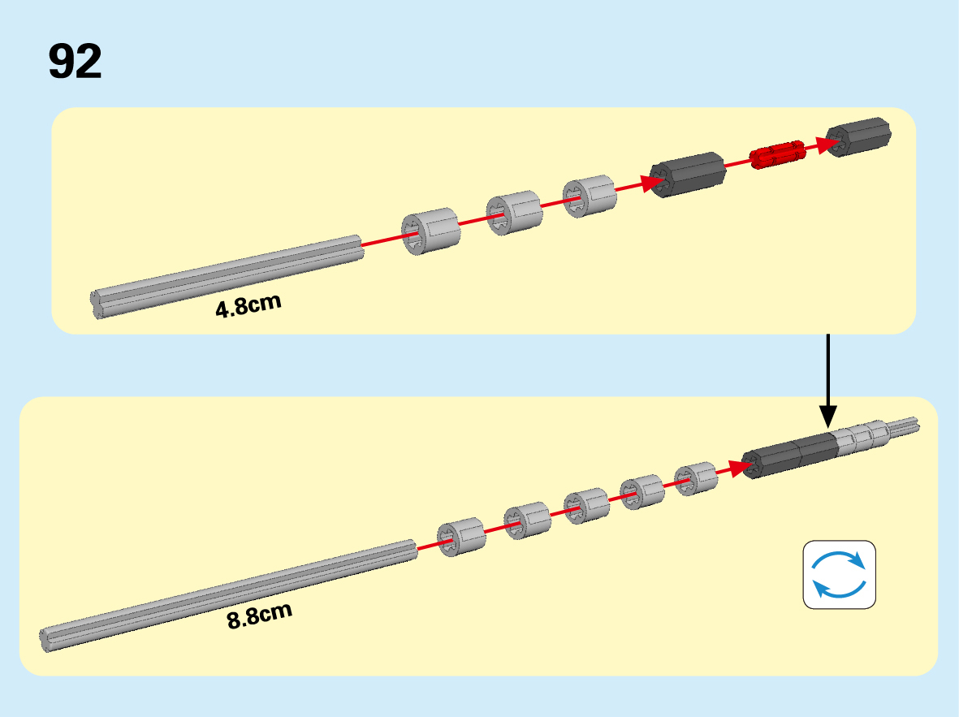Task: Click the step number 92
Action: coord(75,61)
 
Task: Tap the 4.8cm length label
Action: coord(248,306)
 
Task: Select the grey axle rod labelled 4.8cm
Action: coord(227,276)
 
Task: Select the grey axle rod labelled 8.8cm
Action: coord(227,589)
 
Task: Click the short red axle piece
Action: coord(777,153)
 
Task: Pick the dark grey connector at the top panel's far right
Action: coord(859,136)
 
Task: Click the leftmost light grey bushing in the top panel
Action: coord(431,231)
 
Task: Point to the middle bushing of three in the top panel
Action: coord(513,212)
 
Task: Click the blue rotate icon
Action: coord(840,574)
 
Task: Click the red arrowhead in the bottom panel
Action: coord(737,468)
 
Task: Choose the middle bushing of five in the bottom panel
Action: coord(586,507)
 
